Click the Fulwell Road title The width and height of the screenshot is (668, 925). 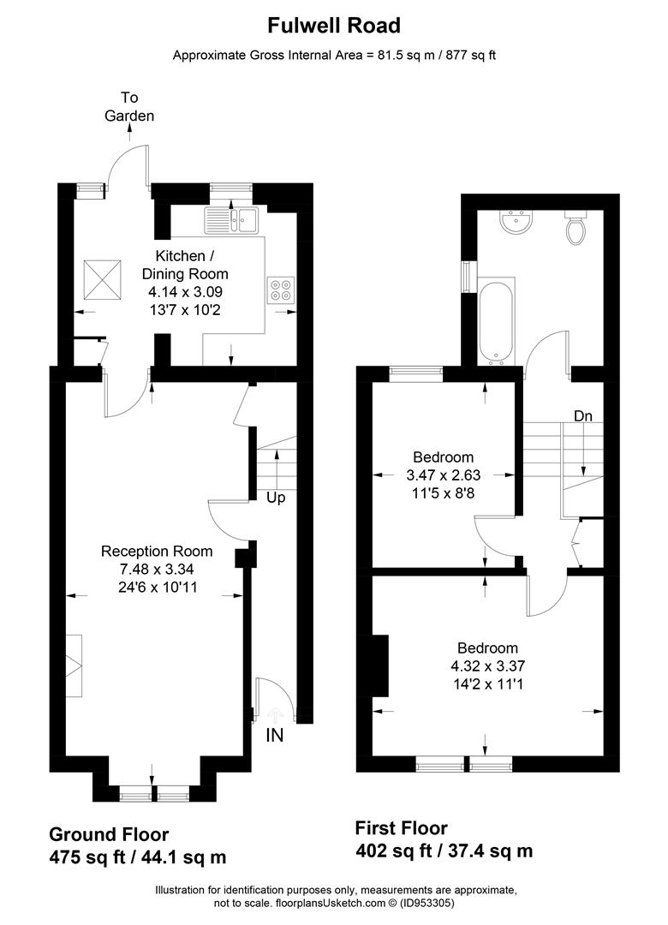[334, 27]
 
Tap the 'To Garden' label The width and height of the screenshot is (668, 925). [129, 106]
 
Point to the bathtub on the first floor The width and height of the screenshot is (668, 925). [498, 319]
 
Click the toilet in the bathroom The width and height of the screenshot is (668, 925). [576, 227]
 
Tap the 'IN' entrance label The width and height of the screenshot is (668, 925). [275, 735]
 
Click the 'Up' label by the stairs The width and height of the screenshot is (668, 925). [275, 498]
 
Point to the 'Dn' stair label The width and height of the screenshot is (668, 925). [583, 416]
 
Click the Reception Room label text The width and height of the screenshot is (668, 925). [157, 551]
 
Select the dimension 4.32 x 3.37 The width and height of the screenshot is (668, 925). [487, 665]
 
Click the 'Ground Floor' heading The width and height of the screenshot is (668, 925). [109, 834]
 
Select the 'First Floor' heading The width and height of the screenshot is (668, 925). [402, 828]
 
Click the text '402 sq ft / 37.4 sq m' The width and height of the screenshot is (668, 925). [444, 850]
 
